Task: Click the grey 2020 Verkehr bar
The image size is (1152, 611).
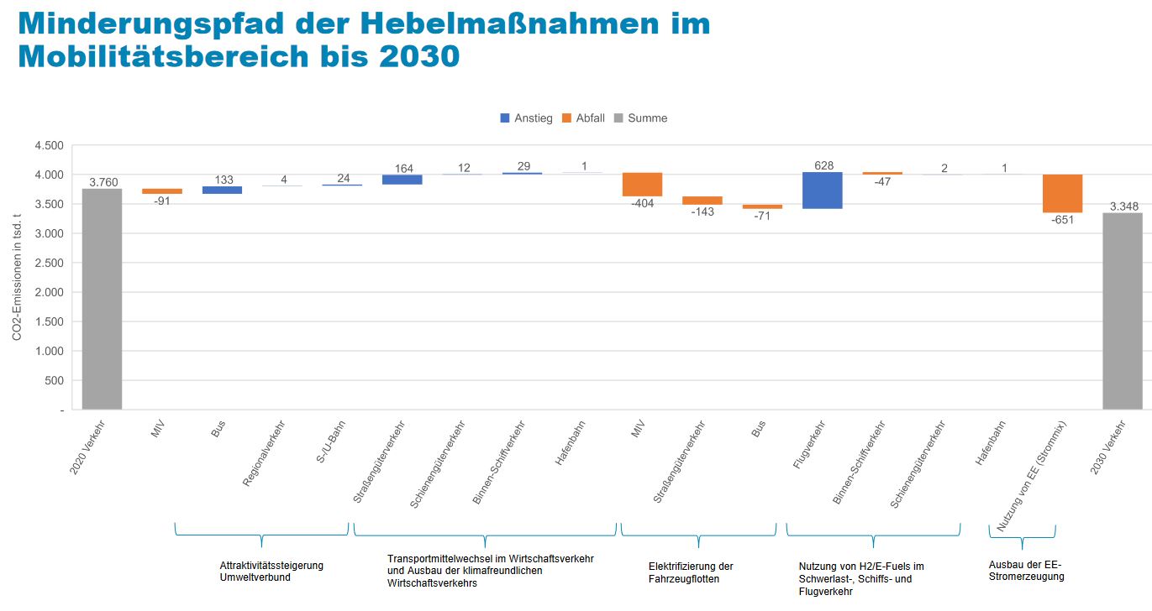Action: [102, 299]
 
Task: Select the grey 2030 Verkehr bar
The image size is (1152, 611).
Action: [1123, 311]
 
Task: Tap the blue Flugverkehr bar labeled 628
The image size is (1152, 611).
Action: [823, 191]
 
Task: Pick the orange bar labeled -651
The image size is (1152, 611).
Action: [1063, 193]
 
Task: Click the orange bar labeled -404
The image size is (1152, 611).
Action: [642, 185]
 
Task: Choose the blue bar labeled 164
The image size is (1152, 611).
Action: [402, 180]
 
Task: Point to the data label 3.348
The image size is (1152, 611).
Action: [1123, 206]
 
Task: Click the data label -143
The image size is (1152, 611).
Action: [702, 211]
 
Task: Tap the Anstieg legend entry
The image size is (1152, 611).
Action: [526, 118]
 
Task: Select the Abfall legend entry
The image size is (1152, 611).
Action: [583, 118]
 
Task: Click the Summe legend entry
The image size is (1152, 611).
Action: [641, 118]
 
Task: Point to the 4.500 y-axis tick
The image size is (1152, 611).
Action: [49, 145]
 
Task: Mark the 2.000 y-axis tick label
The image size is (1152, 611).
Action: [49, 292]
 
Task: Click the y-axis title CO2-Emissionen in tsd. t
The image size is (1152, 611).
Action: [17, 277]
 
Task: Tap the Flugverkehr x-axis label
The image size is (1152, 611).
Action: [809, 445]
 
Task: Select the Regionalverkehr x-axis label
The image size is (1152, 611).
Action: [263, 453]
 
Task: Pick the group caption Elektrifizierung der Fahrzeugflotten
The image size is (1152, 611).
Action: [691, 572]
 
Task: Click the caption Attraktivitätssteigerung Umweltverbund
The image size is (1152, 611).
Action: [271, 571]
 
